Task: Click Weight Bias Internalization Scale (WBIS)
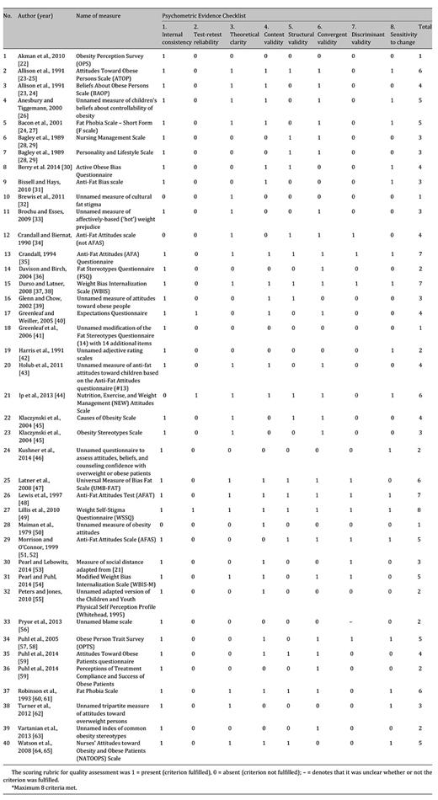110,285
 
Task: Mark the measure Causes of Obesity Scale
105,417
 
